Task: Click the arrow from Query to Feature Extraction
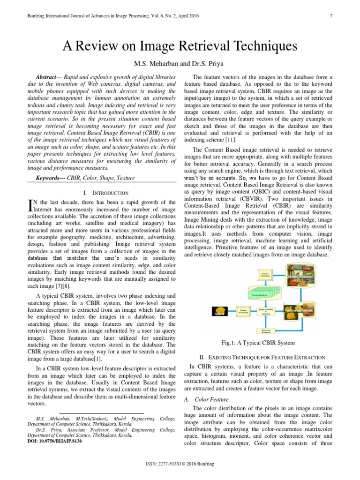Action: tap(232, 311)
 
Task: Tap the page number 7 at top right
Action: tap(331, 16)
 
